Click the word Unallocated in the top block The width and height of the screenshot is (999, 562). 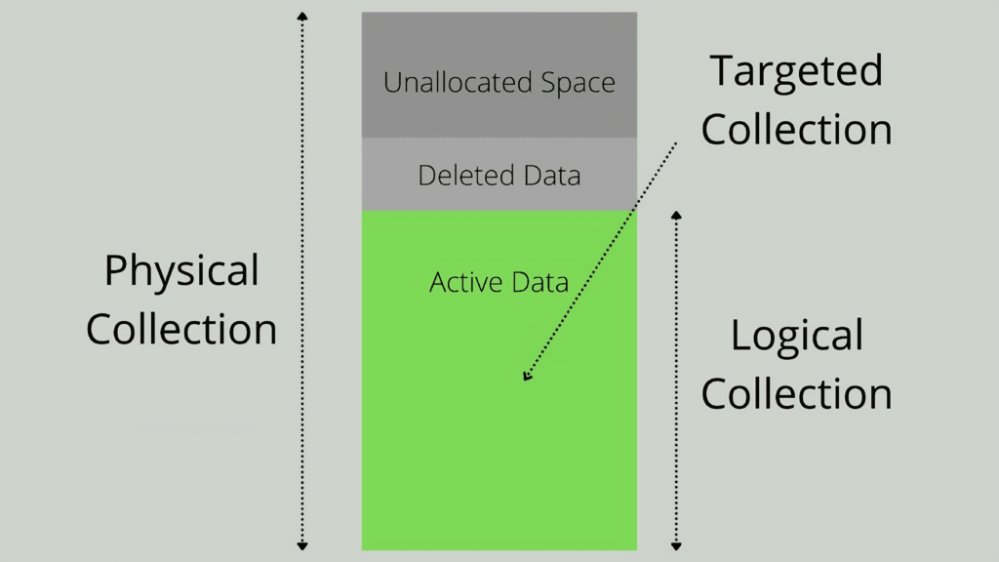pyautogui.click(x=445, y=83)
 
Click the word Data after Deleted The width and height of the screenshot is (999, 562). pyautogui.click(x=549, y=176)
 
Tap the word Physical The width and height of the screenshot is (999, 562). pyautogui.click(x=181, y=271)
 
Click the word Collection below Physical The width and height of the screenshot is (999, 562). pyautogui.click(x=181, y=329)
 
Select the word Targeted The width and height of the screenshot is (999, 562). pyautogui.click(x=796, y=71)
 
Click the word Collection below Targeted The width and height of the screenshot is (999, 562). pyautogui.click(x=796, y=130)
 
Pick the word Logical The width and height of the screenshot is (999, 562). pyautogui.click(x=796, y=337)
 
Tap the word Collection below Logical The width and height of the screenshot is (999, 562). pyautogui.click(x=796, y=394)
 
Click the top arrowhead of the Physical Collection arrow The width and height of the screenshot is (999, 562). pyautogui.click(x=302, y=16)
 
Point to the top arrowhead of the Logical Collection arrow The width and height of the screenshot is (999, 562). pyautogui.click(x=676, y=214)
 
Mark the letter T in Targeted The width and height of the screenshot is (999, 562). pyautogui.click(x=722, y=71)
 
